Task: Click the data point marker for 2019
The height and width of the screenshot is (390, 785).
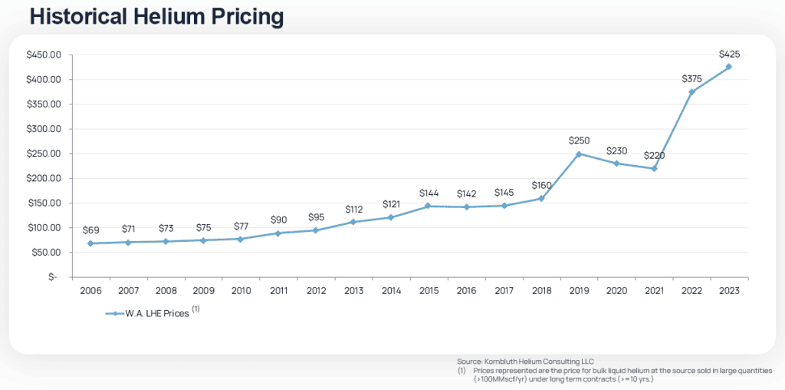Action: point(580,154)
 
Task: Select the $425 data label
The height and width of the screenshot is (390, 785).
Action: point(729,54)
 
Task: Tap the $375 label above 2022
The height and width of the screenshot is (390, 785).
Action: point(692,78)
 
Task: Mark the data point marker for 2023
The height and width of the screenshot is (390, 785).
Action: point(729,67)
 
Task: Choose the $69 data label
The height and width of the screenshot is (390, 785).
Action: point(92,230)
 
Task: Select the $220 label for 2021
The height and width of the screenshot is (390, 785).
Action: point(654,155)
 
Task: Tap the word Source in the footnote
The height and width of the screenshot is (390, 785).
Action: point(468,361)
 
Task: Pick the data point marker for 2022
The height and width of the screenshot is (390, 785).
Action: point(691,92)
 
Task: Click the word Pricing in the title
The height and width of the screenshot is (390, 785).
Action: point(247,16)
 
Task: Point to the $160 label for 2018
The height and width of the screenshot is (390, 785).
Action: point(542,185)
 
